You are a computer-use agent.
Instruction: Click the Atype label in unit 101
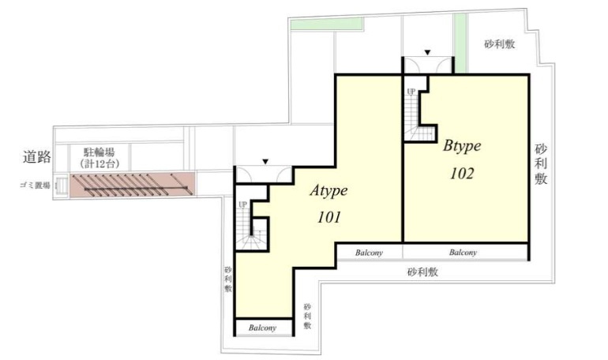coord(328,191)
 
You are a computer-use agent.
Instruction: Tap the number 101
coord(329,217)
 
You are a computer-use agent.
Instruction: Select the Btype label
coord(462,146)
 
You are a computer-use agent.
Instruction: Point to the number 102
coord(462,174)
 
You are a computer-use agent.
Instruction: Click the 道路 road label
coord(37,156)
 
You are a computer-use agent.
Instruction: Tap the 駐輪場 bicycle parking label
coord(99,152)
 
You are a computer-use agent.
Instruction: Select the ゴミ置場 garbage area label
coord(35,186)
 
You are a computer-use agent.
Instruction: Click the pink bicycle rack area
coord(132,185)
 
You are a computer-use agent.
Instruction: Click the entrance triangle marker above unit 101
coord(265,162)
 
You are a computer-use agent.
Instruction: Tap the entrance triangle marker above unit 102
coord(427,52)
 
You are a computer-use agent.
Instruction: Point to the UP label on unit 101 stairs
coord(242,204)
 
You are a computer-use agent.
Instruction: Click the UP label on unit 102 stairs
coord(411,92)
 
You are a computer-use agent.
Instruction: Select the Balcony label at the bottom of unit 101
coord(262,328)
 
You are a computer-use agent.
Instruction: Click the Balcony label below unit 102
coord(463,253)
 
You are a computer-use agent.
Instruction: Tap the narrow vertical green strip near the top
coord(460,43)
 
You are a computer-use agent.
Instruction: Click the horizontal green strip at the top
coord(327,24)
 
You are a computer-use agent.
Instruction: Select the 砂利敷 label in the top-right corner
coord(499,44)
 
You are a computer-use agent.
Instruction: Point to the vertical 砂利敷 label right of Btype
coord(541,164)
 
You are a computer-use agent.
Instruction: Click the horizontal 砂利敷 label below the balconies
coord(422,272)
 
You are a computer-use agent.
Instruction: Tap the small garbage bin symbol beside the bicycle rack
coord(62,185)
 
